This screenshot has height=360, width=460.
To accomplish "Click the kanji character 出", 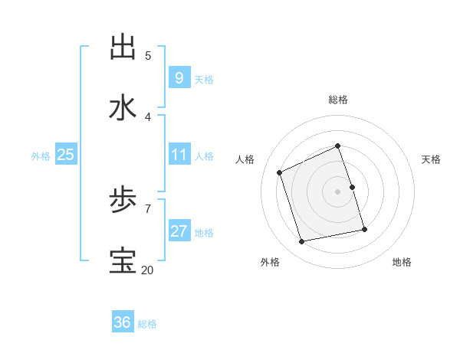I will [123, 47].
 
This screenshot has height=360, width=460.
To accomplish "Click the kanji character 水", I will [123, 108].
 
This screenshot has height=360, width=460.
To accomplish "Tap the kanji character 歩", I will [123, 201].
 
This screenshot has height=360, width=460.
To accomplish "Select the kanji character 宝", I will [123, 261].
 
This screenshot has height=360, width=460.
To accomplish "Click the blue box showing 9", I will [179, 77].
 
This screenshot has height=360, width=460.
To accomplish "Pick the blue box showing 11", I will [179, 155].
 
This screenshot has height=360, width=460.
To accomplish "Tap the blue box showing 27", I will [179, 231].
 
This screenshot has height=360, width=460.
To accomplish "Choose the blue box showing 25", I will [65, 155].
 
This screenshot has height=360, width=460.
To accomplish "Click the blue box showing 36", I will [122, 322].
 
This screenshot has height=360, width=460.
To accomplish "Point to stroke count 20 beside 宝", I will [146, 270].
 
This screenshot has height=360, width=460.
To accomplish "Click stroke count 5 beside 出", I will [148, 55].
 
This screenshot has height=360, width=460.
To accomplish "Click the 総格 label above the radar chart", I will [338, 100].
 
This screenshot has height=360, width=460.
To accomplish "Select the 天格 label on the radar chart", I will [431, 159].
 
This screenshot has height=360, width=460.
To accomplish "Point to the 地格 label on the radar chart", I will [402, 262].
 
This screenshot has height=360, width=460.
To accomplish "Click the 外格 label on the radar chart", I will [270, 262].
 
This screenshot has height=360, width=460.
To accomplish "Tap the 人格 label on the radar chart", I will [245, 159].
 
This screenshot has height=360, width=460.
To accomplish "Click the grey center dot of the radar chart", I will [338, 191].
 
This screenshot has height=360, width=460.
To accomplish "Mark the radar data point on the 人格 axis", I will [280, 172].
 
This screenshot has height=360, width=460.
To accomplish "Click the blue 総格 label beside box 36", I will [147, 324].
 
